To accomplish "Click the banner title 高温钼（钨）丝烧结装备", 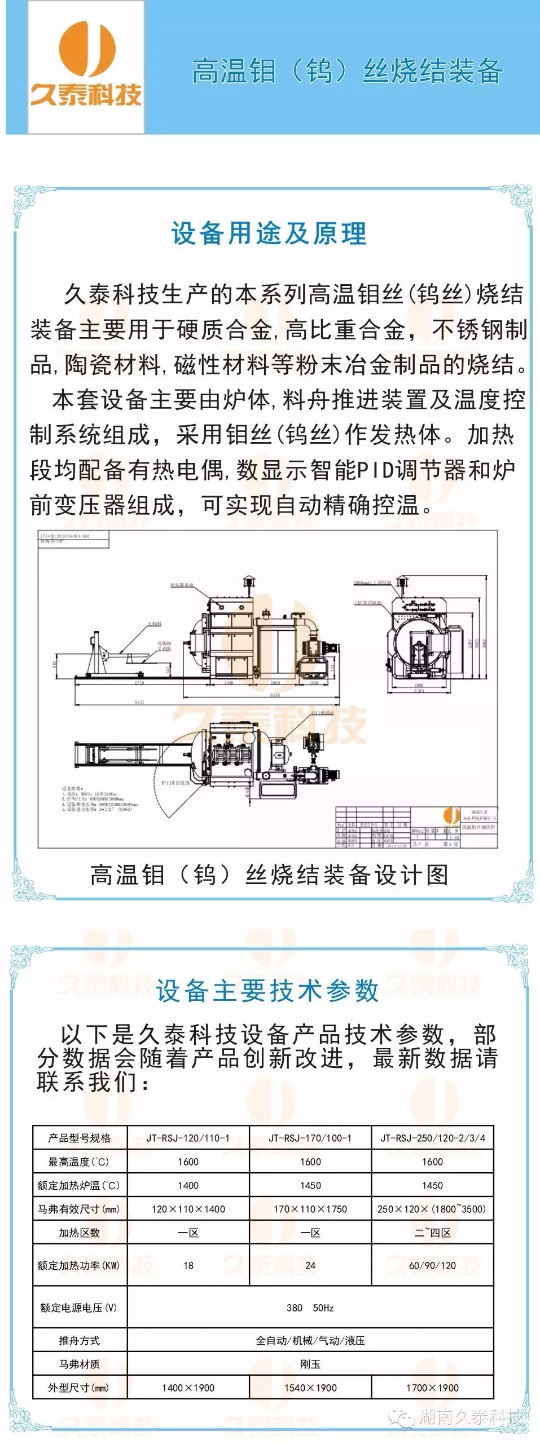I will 346,72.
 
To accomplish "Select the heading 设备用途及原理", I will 269,233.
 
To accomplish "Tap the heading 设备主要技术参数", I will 267,991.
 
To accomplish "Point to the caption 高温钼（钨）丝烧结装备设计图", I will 269,875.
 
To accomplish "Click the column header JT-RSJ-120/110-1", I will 188,1138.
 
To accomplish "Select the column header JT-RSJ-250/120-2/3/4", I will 432,1138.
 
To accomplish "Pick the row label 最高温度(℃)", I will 79,1162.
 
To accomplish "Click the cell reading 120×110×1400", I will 188,1209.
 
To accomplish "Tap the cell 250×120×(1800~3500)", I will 432,1209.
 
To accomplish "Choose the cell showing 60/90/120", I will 432,1265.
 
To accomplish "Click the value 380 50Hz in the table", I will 310,1308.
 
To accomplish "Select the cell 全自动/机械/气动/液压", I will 310,1340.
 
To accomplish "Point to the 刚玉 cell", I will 310,1364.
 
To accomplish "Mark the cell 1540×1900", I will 310,1388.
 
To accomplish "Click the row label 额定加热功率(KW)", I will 79,1265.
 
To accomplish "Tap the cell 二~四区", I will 432,1233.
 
